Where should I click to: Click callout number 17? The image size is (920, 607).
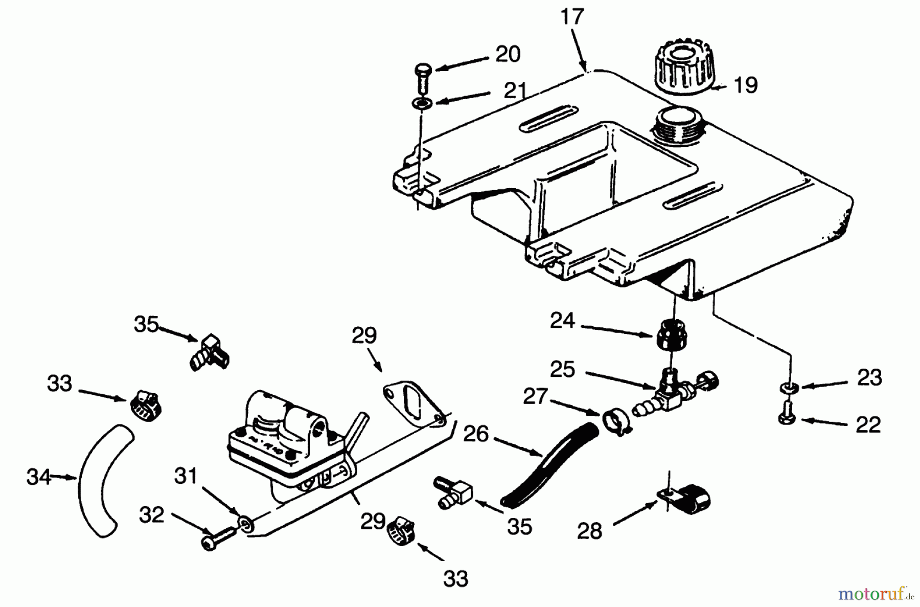(x=572, y=17)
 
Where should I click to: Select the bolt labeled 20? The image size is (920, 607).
(x=422, y=77)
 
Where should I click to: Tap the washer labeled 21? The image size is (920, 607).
(x=422, y=104)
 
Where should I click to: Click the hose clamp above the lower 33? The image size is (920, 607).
(x=402, y=531)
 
